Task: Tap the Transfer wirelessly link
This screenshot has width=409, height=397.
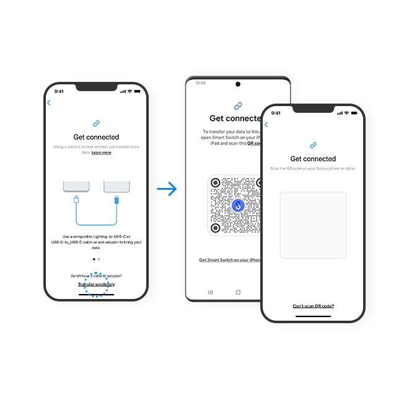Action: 96,284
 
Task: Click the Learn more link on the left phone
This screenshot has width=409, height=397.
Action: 102,153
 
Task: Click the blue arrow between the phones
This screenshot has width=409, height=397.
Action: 167,189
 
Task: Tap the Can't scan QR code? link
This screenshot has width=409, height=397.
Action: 313,306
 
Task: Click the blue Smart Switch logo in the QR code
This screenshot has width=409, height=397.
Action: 237,205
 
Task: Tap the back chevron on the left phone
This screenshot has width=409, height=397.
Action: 49,103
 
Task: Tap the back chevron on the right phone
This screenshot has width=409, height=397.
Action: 266,125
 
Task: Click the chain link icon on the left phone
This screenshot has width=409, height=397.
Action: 96,124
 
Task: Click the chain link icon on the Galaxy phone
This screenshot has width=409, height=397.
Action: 238,106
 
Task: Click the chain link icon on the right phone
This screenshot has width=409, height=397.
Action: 313,145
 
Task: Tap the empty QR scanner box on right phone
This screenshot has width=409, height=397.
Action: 313,225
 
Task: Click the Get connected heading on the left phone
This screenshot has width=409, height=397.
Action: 96,137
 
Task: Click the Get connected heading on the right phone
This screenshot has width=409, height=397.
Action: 313,159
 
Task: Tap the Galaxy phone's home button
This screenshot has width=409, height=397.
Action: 238,292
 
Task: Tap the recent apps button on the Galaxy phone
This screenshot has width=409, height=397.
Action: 209,292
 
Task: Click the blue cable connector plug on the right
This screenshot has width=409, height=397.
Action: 117,200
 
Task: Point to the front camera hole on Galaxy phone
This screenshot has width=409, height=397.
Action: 238,84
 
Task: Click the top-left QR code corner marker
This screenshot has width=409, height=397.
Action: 215,182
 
